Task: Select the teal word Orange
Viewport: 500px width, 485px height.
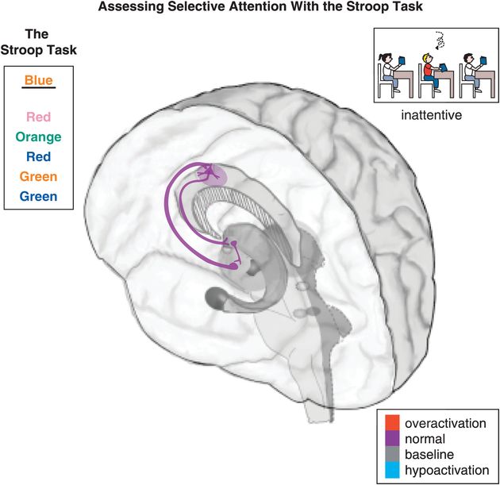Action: (39, 137)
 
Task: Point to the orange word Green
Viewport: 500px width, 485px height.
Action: (39, 176)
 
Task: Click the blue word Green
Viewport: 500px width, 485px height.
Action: (39, 195)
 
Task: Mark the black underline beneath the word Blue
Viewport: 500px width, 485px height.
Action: (39, 90)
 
